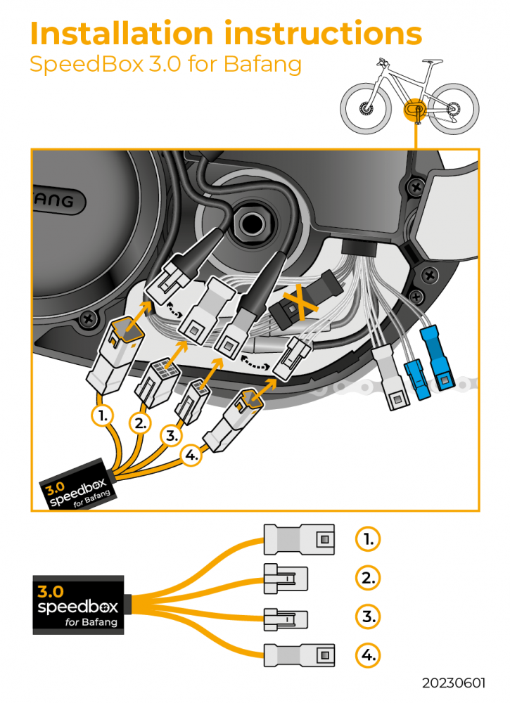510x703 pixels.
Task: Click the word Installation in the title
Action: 122,34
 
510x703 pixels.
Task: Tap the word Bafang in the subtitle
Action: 262,64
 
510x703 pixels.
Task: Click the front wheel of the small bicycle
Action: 366,108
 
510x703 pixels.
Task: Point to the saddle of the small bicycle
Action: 432,62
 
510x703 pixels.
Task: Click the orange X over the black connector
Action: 300,304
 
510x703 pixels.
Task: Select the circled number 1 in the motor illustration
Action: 103,416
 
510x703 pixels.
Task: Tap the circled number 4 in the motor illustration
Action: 191,455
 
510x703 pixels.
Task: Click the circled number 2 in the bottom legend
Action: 368,578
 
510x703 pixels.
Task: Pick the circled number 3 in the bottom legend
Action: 368,617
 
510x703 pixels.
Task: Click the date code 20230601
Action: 454,683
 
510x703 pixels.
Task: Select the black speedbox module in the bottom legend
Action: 79,605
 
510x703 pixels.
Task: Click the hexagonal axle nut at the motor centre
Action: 250,223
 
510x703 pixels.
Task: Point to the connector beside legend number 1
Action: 299,539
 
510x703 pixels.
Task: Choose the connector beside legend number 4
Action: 299,655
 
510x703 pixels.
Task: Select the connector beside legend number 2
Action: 286,579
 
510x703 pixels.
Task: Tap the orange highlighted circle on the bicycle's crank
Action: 414,109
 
